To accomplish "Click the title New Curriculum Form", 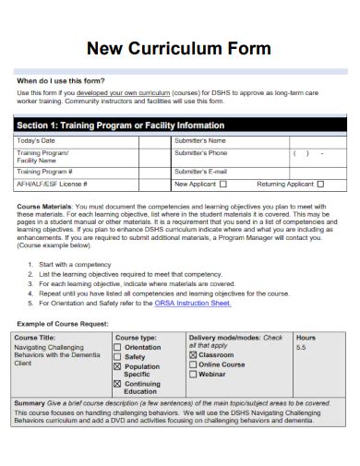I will click(x=179, y=48).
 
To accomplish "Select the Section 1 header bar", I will click(x=179, y=125).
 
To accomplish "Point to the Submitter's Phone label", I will click(x=200, y=152).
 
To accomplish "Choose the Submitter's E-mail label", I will click(x=200, y=171).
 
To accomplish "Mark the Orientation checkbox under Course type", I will click(x=118, y=347).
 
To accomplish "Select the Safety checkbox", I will click(x=118, y=356).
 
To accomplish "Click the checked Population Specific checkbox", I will click(x=118, y=365).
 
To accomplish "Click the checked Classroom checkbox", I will click(x=193, y=354).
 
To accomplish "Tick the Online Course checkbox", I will click(x=193, y=364).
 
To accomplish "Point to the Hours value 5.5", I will click(x=301, y=347).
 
